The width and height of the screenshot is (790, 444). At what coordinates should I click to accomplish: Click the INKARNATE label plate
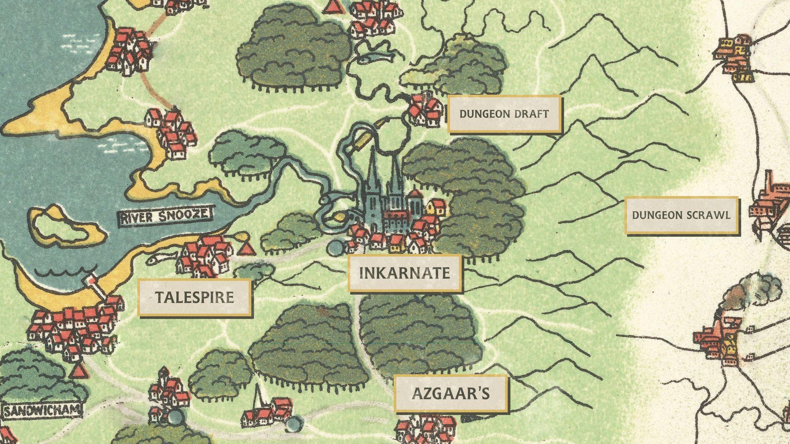[x=404, y=273]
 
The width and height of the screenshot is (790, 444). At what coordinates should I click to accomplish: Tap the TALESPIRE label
[x=194, y=297]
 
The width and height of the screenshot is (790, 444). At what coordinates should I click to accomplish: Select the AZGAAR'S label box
[x=451, y=393]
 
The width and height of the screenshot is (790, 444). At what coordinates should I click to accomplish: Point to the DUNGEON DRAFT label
[x=504, y=114]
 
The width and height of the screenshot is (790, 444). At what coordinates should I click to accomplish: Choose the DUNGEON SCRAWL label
[x=681, y=215]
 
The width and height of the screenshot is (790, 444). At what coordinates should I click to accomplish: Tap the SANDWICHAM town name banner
[x=42, y=410]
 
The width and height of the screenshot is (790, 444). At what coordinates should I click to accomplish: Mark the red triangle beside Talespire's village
[x=246, y=249]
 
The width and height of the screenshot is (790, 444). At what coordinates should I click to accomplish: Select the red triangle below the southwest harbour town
[x=79, y=371]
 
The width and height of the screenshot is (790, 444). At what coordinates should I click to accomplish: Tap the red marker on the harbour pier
[x=91, y=280]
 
